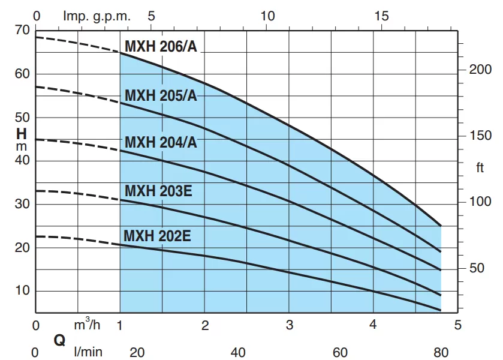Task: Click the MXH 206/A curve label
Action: point(161,47)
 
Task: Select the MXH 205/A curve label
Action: point(161,95)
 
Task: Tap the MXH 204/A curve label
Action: point(161,143)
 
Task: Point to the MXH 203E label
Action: point(158,191)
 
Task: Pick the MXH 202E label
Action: point(157,236)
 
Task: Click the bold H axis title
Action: point(22,133)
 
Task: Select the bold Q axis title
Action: point(59,340)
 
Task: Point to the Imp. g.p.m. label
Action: point(97,16)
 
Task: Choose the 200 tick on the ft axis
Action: point(480,70)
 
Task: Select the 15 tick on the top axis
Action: point(381,16)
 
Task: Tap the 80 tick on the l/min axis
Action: point(442,352)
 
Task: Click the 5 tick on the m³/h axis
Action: point(459,326)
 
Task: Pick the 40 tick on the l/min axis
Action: point(238,352)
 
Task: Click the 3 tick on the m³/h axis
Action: point(290,326)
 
